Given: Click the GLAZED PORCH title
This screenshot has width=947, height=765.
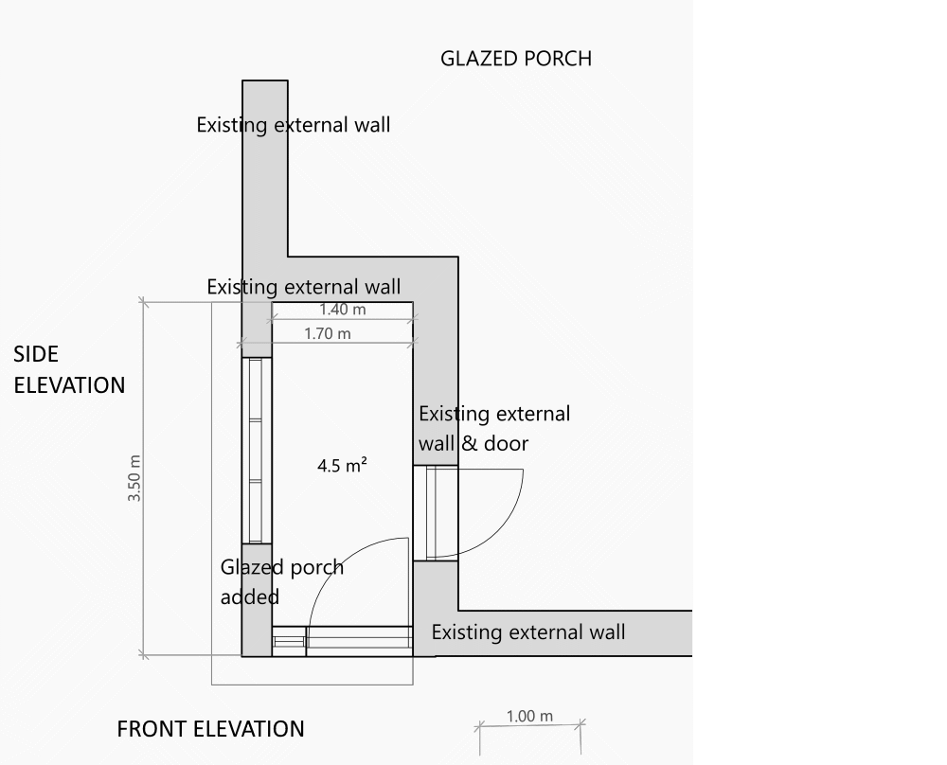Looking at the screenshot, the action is pos(516,59).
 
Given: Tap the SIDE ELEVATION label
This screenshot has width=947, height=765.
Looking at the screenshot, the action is pos(69,369).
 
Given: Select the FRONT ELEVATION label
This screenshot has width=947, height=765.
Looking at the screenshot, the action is pos(210,729).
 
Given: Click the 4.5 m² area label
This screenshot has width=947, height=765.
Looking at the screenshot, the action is pos(342,466).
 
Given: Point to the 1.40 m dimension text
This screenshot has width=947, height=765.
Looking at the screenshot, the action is pos(343,310).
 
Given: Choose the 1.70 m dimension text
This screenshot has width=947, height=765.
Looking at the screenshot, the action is pos(328,333).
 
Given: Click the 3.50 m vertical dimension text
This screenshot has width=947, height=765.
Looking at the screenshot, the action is pos(134,478).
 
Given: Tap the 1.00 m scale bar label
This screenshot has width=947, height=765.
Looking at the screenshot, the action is pos(529,716).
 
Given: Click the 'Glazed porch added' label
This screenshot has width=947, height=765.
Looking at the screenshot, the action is pos(281,582).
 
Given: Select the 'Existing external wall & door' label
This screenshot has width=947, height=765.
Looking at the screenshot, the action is pos(494,429).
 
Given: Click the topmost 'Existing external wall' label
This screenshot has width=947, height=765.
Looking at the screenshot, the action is pos(293,125).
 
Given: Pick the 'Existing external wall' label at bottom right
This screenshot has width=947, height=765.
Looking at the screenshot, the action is pos(527,632).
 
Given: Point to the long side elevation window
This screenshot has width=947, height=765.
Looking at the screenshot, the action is pos(257,451).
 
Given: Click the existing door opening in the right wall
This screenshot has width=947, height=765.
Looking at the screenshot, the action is pos(436,512).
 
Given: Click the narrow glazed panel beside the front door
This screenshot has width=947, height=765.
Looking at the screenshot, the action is pos(289,641).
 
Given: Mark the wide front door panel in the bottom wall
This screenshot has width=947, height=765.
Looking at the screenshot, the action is pos(359,641).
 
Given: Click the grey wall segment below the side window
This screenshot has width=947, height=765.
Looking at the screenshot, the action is pos(257,599).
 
